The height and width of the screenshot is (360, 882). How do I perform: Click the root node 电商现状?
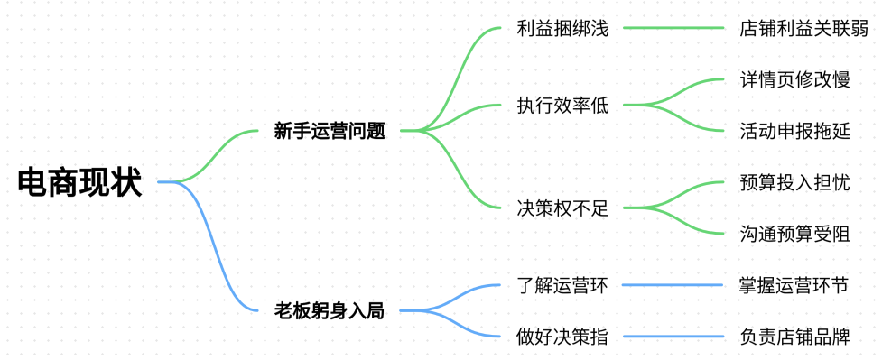coord(79,182)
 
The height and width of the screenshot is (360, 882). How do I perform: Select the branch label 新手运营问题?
coord(330,131)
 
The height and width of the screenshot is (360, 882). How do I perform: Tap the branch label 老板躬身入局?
coord(330,311)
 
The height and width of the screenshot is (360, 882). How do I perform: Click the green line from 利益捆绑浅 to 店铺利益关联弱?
coord(673,28)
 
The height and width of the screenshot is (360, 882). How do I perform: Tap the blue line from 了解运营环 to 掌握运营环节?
coord(673,286)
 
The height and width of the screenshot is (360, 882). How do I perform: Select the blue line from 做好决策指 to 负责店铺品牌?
coord(673,337)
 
